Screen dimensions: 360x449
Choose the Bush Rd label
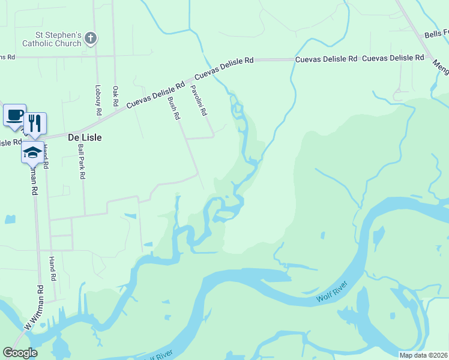(x=174, y=108)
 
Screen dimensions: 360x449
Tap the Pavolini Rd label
(x=199, y=100)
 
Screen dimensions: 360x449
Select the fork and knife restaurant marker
(x=35, y=124)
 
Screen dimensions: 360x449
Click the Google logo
(x=20, y=353)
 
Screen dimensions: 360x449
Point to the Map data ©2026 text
(x=423, y=355)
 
